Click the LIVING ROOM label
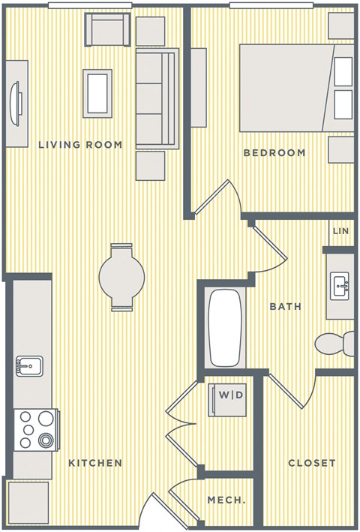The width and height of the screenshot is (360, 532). point(80,145)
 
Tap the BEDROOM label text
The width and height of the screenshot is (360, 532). point(274,153)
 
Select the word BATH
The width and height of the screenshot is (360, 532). point(285,306)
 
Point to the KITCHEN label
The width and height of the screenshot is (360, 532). point(95,463)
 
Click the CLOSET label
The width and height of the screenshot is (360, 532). point(312,463)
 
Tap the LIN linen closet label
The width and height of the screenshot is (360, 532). point(340,232)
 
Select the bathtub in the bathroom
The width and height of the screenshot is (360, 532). point(225,327)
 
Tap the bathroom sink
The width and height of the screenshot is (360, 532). point(340,285)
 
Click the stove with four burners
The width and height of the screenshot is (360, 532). point(35,429)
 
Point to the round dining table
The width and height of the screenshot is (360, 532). point(121,277)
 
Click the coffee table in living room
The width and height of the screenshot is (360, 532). point(97,93)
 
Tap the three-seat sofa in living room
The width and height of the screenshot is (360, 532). point(156,98)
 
